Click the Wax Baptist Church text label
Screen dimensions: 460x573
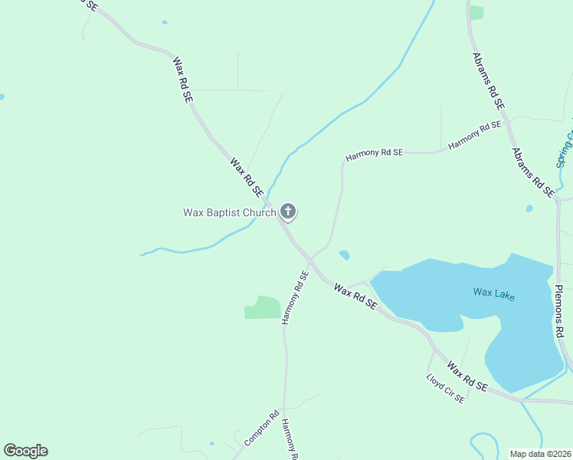coord(229,212)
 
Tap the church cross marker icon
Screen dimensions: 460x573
coord(288,211)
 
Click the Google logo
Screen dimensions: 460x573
coord(25,451)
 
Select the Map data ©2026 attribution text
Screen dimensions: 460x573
coord(540,454)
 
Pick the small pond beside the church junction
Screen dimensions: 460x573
coord(345,255)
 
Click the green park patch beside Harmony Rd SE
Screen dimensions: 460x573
coord(263,307)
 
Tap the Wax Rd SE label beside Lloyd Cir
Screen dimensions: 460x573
coord(467,377)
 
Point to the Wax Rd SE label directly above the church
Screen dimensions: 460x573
coord(247,176)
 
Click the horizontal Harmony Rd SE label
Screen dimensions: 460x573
coord(374,154)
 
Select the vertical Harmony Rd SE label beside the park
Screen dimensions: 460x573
coord(295,297)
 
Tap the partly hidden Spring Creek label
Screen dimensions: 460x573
coord(565,150)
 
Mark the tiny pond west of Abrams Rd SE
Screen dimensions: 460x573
coord(529,209)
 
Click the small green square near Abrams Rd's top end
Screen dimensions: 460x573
coord(477,12)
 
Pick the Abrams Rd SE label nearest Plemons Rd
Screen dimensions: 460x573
coord(532,172)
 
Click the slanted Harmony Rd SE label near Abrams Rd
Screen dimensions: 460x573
coord(474,134)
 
